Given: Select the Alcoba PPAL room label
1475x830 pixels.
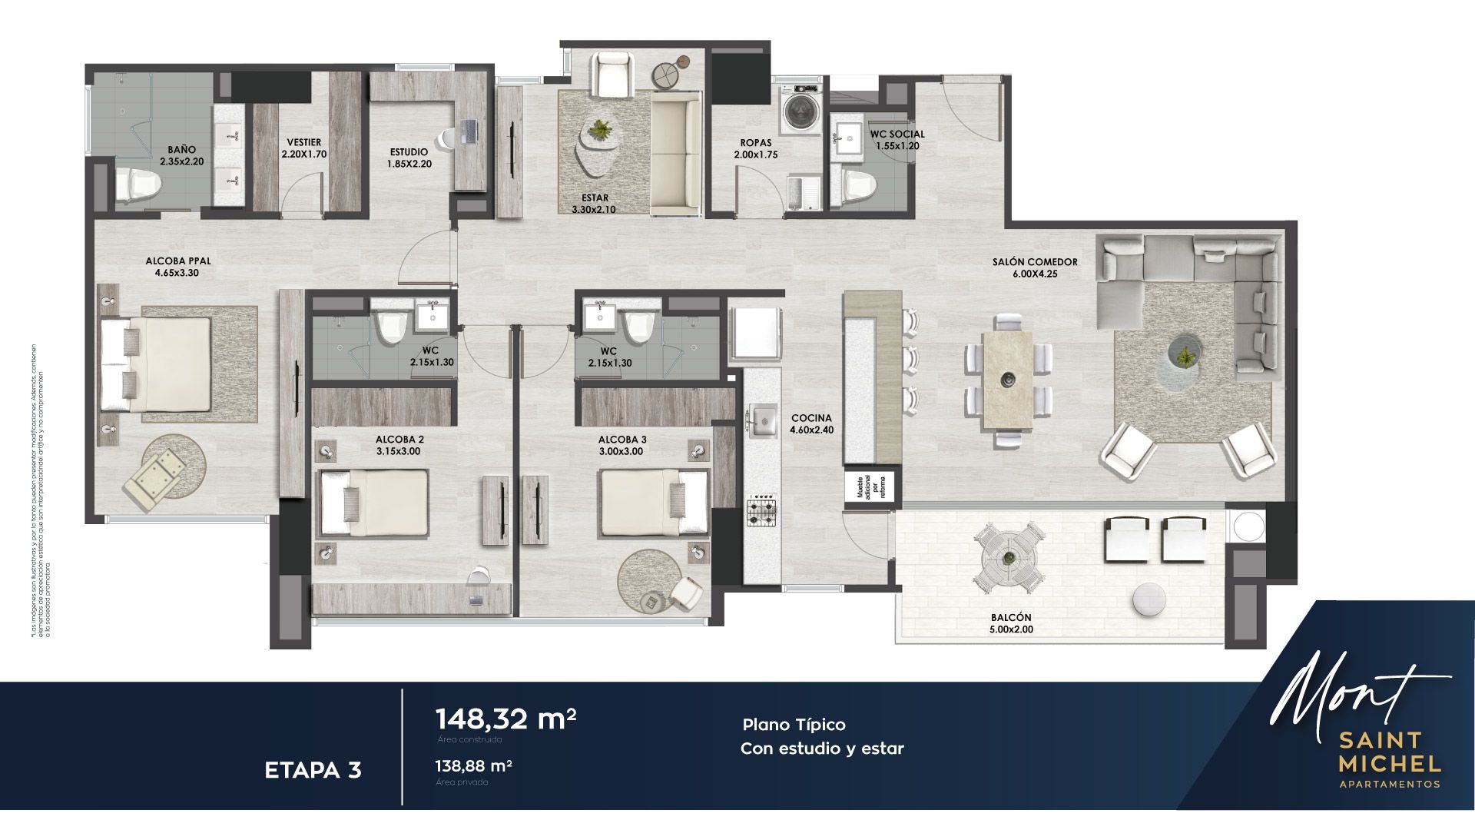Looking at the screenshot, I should [x=177, y=261].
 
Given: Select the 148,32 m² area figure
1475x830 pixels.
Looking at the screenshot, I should [x=505, y=719].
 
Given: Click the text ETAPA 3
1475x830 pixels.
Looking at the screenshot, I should [x=313, y=770].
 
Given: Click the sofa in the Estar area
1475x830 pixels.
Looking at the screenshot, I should [x=675, y=153].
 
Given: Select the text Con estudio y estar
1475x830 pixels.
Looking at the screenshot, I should [x=822, y=749].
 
